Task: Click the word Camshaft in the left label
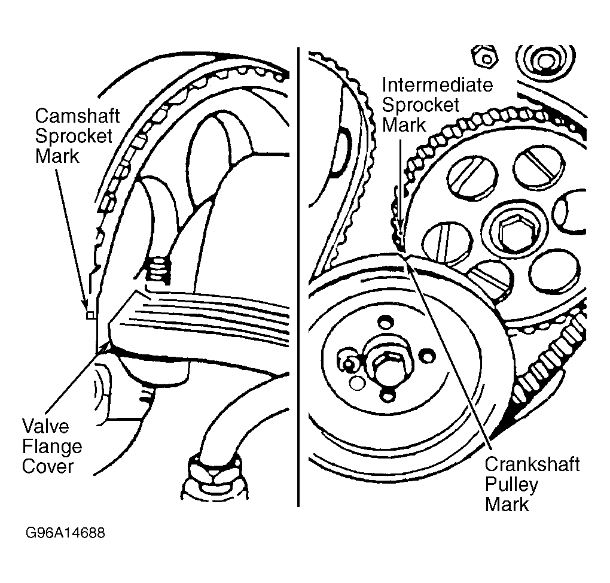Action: pyautogui.click(x=77, y=116)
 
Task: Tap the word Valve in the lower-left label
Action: pyautogui.click(x=45, y=427)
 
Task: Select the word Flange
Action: pyautogui.click(x=52, y=447)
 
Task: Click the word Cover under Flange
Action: pyautogui.click(x=47, y=466)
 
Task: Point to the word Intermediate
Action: pyautogui.click(x=437, y=85)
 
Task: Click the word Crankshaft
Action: pyautogui.click(x=532, y=464)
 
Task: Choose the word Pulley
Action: pyautogui.click(x=511, y=484)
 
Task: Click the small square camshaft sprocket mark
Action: pyautogui.click(x=90, y=314)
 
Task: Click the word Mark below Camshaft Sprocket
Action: pyautogui.click(x=57, y=156)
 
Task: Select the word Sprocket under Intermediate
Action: pyautogui.click(x=420, y=105)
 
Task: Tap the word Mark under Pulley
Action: pyautogui.click(x=507, y=504)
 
